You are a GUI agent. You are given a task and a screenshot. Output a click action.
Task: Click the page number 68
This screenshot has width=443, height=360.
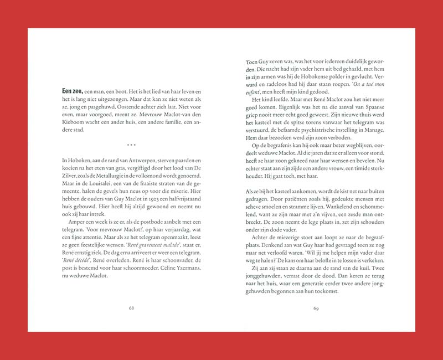point(131,308)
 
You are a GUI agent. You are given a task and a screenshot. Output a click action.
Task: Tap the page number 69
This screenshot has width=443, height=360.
point(316,308)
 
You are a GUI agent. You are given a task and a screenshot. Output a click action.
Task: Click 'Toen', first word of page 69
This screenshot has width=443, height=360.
point(253,63)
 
